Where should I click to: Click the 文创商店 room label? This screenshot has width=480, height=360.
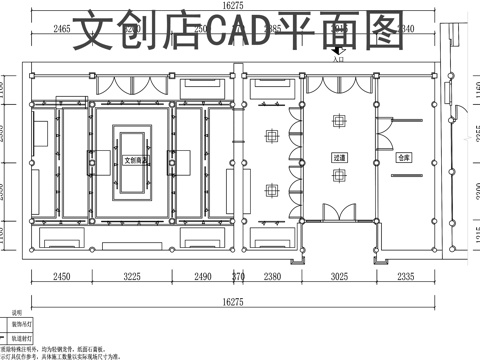pos(136,159)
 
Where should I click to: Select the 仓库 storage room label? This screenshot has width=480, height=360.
pos(403,158)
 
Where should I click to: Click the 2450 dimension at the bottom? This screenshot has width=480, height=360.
pos(62,277)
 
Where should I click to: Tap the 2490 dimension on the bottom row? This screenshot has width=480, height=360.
pos(203,277)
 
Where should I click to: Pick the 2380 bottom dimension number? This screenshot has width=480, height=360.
pos(270,277)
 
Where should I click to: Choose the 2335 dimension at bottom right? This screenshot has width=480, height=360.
pos(408,277)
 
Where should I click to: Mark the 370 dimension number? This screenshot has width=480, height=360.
pos(238,277)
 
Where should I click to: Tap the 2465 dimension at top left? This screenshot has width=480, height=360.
pos(61,30)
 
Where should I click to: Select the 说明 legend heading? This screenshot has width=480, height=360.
pos(17,314)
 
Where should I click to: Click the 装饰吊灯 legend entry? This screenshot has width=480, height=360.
pos(20,325)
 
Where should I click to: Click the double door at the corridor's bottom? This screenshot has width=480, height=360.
pos(338,211)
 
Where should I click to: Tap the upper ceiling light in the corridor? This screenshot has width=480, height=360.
pos(339,120)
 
